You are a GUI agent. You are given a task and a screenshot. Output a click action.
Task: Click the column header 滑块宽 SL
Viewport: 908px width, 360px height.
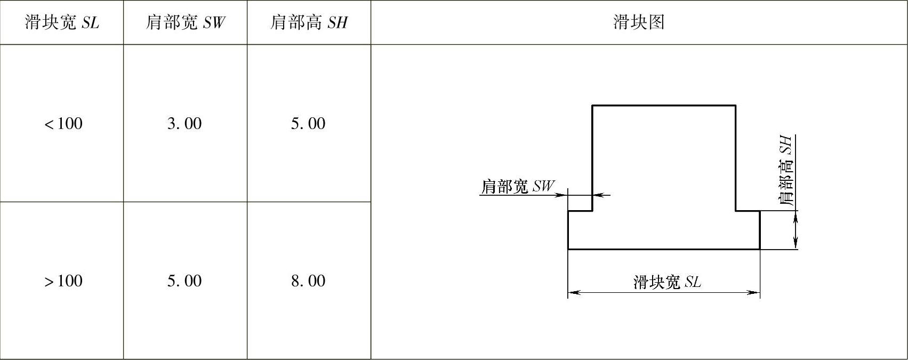62,22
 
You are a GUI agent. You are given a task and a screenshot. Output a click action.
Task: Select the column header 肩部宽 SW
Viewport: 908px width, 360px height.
185,22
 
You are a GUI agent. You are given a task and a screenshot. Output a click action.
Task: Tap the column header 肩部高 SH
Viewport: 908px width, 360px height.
309,22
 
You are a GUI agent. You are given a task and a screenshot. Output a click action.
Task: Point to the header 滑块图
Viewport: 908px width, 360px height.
639,22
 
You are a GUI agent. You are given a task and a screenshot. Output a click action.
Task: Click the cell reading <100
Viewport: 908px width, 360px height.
63,124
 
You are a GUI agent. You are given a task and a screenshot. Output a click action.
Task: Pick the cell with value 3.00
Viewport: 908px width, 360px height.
184,124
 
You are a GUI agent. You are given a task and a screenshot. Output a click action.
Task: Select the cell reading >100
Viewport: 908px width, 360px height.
63,281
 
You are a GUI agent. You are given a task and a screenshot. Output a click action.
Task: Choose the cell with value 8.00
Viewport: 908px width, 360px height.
308,281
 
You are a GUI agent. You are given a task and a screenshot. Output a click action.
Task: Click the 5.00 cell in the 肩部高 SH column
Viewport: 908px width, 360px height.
308,124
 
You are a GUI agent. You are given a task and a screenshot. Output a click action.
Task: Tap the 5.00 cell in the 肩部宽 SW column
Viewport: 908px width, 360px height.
184,281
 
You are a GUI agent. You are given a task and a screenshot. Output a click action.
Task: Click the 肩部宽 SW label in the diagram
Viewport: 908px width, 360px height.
517,187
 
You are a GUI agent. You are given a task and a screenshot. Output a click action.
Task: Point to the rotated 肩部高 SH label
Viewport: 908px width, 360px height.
786,171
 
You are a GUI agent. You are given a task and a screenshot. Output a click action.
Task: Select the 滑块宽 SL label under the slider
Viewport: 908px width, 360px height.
667,282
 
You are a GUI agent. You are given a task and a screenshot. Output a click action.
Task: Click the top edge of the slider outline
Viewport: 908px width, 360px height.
664,106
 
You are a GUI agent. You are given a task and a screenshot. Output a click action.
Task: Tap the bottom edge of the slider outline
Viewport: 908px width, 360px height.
664,249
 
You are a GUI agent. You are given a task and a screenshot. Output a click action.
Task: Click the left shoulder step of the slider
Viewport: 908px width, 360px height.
580,211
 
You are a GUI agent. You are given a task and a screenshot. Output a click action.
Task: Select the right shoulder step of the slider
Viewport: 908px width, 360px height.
748,211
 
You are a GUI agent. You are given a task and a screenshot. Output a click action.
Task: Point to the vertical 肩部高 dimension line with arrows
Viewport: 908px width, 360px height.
795,230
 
